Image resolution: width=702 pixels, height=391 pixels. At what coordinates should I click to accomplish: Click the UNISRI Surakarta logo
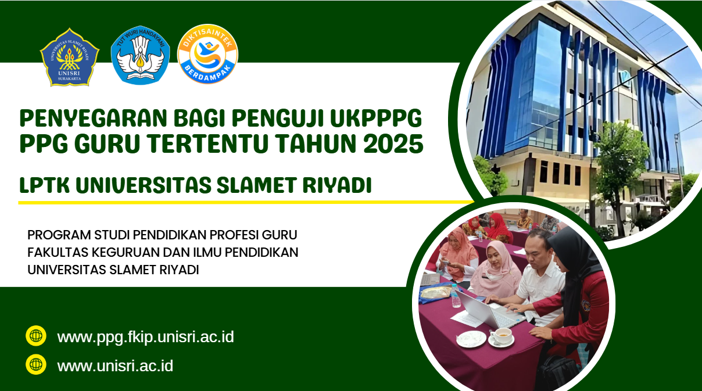coord(70,57)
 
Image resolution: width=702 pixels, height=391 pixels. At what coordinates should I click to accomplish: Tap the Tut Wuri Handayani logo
coord(141,55)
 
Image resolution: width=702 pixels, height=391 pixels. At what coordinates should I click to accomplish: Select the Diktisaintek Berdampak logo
coord(207,54)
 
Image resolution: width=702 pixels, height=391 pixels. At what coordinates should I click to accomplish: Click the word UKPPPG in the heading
coord(376,119)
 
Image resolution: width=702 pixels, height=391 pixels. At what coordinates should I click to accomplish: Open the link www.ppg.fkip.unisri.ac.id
coord(145,337)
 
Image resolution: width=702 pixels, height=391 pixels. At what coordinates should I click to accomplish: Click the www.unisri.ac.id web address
coord(115,366)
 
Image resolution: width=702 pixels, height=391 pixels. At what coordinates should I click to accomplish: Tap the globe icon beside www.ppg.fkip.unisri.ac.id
coord(36,336)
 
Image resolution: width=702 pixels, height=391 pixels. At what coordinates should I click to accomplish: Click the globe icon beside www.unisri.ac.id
coord(36,364)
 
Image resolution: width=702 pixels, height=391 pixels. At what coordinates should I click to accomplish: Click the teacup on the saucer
coord(502,336)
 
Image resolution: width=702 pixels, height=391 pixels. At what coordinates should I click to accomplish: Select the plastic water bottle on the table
coord(456,296)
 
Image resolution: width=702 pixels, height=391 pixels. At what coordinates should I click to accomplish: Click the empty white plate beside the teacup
coord(471,339)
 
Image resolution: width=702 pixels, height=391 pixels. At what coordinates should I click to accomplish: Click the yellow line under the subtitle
coord(246,202)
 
